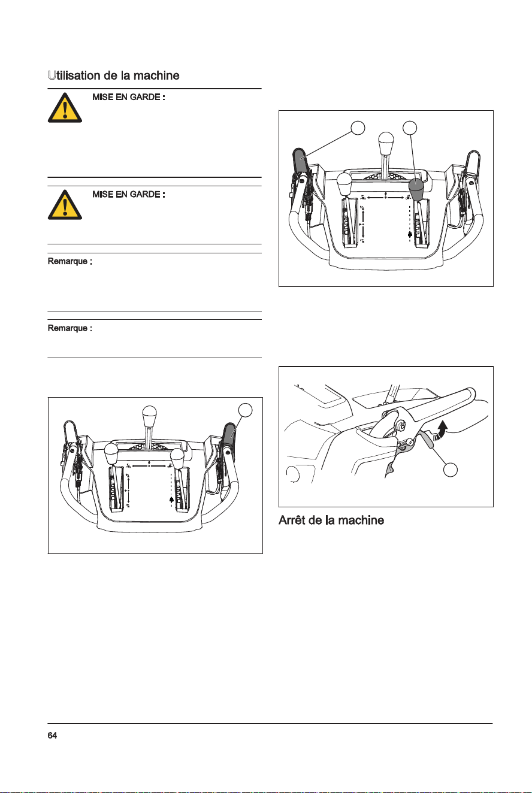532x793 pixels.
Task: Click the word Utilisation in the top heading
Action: click(74, 75)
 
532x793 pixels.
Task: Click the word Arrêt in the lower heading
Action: click(291, 520)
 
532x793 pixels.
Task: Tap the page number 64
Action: click(52, 736)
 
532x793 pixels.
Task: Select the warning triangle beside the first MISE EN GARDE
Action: click(65, 108)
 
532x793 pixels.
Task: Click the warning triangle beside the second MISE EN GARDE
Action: click(65, 205)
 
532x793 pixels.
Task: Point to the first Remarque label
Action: click(69, 261)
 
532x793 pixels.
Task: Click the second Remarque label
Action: click(69, 328)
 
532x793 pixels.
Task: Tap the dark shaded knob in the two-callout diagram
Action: click(416, 189)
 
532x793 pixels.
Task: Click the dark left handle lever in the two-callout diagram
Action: click(301, 161)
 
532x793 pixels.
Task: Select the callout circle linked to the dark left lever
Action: click(358, 128)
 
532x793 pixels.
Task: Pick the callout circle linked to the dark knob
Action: click(410, 128)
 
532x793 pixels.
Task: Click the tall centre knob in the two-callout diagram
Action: click(386, 143)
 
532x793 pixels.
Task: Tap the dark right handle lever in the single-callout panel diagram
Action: click(229, 435)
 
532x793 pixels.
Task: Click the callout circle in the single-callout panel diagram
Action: click(246, 410)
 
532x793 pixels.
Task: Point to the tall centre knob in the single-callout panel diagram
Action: click(149, 417)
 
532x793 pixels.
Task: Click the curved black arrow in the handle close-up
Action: click(441, 430)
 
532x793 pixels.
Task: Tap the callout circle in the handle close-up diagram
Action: click(450, 470)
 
